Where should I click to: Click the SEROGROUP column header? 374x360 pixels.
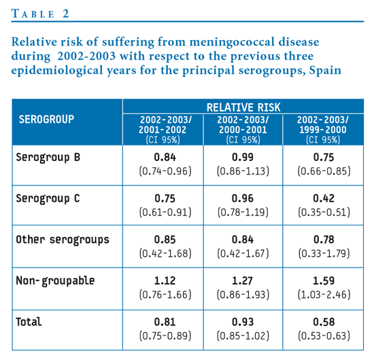[x=46, y=119]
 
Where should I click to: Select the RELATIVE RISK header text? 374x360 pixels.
[x=243, y=107]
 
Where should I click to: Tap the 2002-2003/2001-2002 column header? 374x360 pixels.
[x=165, y=130]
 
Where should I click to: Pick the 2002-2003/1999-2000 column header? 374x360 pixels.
[x=323, y=130]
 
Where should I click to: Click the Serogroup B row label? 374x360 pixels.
[x=48, y=158]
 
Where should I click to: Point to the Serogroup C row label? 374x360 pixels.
[x=48, y=198]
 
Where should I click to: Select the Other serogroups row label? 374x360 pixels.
[x=63, y=240]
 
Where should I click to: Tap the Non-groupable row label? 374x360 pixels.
[x=55, y=281]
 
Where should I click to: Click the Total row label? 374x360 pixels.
[x=29, y=322]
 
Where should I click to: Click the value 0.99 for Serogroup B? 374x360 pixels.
[x=243, y=158]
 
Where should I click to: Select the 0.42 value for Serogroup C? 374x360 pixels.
[x=324, y=198]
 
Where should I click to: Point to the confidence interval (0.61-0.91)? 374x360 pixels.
[x=165, y=212]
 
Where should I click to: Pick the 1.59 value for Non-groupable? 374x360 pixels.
[x=324, y=281]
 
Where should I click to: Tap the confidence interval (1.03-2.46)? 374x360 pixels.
[x=324, y=295]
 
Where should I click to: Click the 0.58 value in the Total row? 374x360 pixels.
[x=324, y=322]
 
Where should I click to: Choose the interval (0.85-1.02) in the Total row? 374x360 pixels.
[x=243, y=336]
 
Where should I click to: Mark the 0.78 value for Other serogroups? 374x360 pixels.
[x=324, y=240]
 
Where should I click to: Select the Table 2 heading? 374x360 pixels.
[x=40, y=14]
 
